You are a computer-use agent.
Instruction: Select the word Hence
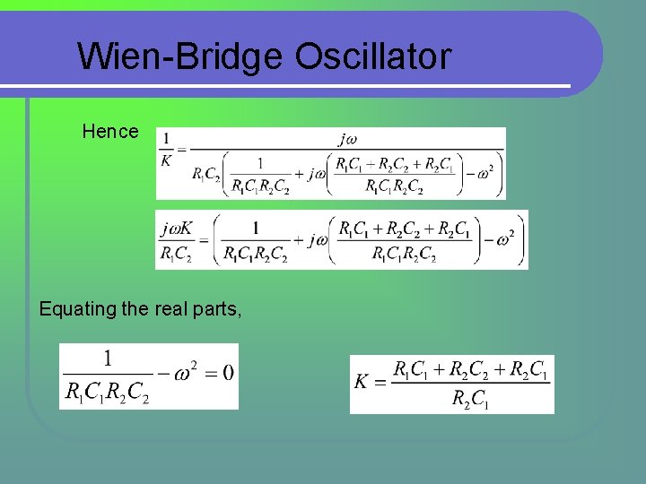point(110,132)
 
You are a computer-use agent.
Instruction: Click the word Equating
point(78,309)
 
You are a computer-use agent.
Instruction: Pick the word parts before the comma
point(215,309)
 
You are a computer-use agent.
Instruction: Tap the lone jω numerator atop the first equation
point(348,138)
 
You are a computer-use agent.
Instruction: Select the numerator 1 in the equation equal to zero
point(109,359)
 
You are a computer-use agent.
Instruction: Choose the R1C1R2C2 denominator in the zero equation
point(109,391)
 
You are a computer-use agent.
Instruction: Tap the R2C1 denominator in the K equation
point(470,398)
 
